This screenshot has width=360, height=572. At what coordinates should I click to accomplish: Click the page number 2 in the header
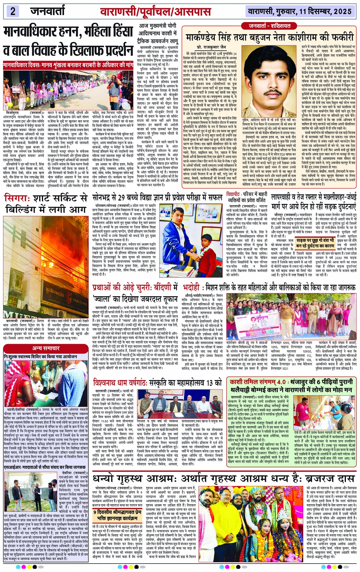point(13,11)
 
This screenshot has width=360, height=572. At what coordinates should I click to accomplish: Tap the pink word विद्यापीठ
point(233,194)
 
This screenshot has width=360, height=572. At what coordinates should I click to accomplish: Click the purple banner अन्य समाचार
point(46,348)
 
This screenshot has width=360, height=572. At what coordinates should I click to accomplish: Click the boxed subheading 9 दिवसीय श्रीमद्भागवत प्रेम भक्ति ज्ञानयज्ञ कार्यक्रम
point(116,516)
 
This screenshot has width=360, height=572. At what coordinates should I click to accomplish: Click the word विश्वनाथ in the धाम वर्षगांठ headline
point(111,382)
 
